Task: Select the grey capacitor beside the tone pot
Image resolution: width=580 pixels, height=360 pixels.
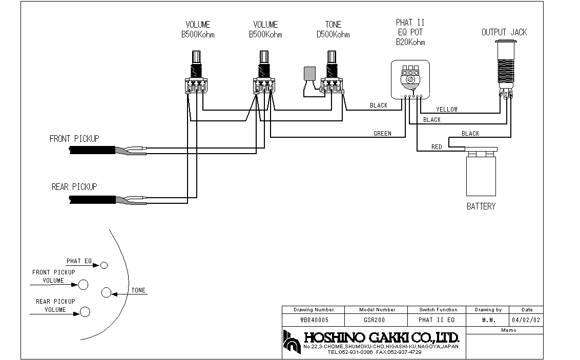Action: click(309, 73)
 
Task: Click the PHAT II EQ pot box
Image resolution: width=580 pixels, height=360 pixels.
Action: click(410, 79)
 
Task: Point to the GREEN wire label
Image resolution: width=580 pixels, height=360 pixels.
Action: click(382, 134)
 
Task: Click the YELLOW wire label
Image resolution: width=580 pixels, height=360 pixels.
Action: click(447, 110)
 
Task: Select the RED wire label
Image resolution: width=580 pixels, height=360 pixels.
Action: click(437, 147)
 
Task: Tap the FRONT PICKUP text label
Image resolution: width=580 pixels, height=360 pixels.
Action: click(74, 139)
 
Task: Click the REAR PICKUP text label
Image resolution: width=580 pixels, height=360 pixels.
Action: click(74, 186)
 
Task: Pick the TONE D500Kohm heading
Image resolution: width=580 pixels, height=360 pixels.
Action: click(333, 30)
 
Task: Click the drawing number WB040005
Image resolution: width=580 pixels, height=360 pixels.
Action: click(315, 320)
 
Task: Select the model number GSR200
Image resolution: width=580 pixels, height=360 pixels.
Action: click(375, 320)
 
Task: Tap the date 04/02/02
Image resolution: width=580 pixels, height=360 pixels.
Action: click(526, 320)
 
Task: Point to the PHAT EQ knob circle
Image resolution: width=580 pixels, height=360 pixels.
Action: click(104, 265)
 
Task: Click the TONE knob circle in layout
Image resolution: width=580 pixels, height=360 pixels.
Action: click(106, 293)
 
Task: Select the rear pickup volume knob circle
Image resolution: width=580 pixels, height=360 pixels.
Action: click(85, 312)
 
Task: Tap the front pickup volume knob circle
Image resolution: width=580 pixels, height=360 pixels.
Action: click(83, 285)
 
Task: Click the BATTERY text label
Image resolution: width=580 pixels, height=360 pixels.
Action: click(481, 206)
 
